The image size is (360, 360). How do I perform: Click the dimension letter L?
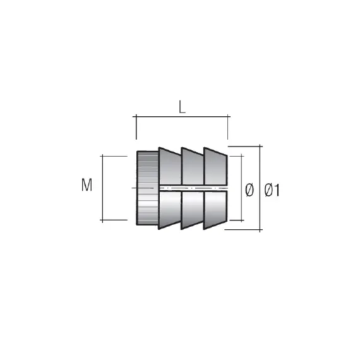[x=182, y=107]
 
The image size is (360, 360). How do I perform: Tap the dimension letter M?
[x=87, y=186]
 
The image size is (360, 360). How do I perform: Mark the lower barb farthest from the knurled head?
[x=215, y=208]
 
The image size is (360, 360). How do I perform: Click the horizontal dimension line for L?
[x=182, y=117]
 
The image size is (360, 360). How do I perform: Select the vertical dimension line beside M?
[x=103, y=188]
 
